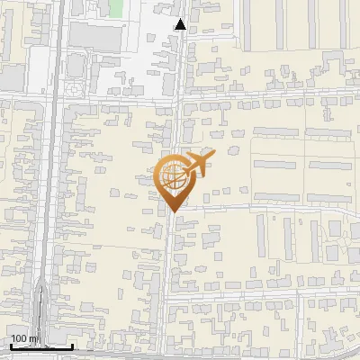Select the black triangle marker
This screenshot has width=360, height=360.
181,24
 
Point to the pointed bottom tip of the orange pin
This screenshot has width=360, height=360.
173,211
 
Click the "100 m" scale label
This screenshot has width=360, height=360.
24,338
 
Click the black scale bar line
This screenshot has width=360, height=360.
41,346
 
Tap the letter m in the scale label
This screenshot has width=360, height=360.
34,338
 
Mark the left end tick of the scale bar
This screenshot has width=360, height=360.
11,345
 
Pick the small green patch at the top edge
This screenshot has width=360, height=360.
115,7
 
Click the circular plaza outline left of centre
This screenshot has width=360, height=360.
72,91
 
